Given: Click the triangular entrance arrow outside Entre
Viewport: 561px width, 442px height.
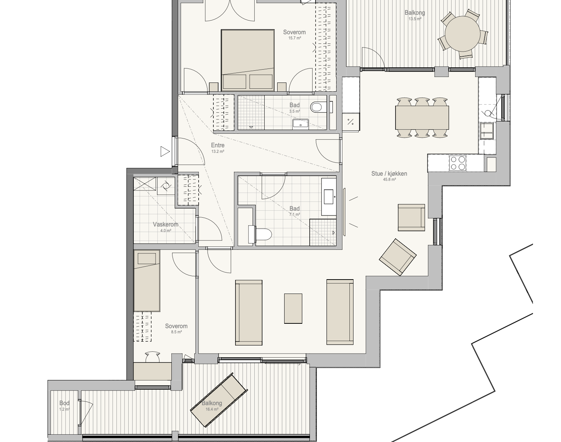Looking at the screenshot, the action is click(x=164, y=152).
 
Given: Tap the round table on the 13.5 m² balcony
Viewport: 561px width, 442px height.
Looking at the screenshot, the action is click(x=463, y=34).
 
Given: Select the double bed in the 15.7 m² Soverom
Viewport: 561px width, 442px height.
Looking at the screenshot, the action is click(x=248, y=60).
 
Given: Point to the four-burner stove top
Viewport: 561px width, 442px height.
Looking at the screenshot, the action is click(x=458, y=163).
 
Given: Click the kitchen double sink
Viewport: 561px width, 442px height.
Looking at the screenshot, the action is click(x=487, y=131).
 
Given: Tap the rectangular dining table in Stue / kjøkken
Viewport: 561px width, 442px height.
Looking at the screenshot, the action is click(x=422, y=117).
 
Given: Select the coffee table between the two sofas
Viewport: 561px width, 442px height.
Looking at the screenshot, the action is click(x=293, y=309).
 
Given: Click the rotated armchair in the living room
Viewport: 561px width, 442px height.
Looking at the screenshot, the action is click(x=398, y=257).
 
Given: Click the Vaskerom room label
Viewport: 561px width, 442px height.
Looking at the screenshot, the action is click(x=165, y=225).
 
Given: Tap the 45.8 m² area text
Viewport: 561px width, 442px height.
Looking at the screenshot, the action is click(x=390, y=179).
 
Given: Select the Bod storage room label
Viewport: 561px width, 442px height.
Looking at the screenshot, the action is click(x=65, y=403).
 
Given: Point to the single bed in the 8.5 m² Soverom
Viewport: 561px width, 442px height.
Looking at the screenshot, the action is click(x=147, y=281).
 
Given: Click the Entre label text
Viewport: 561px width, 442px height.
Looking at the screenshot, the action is click(x=218, y=145).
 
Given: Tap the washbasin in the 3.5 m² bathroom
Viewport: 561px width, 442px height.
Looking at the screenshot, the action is click(x=300, y=124).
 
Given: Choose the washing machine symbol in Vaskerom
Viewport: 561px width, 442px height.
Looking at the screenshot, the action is click(x=165, y=186).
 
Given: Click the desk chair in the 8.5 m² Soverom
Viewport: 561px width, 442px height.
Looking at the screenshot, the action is click(x=152, y=357).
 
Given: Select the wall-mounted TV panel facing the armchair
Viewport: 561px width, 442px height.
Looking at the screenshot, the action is click(x=344, y=212).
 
